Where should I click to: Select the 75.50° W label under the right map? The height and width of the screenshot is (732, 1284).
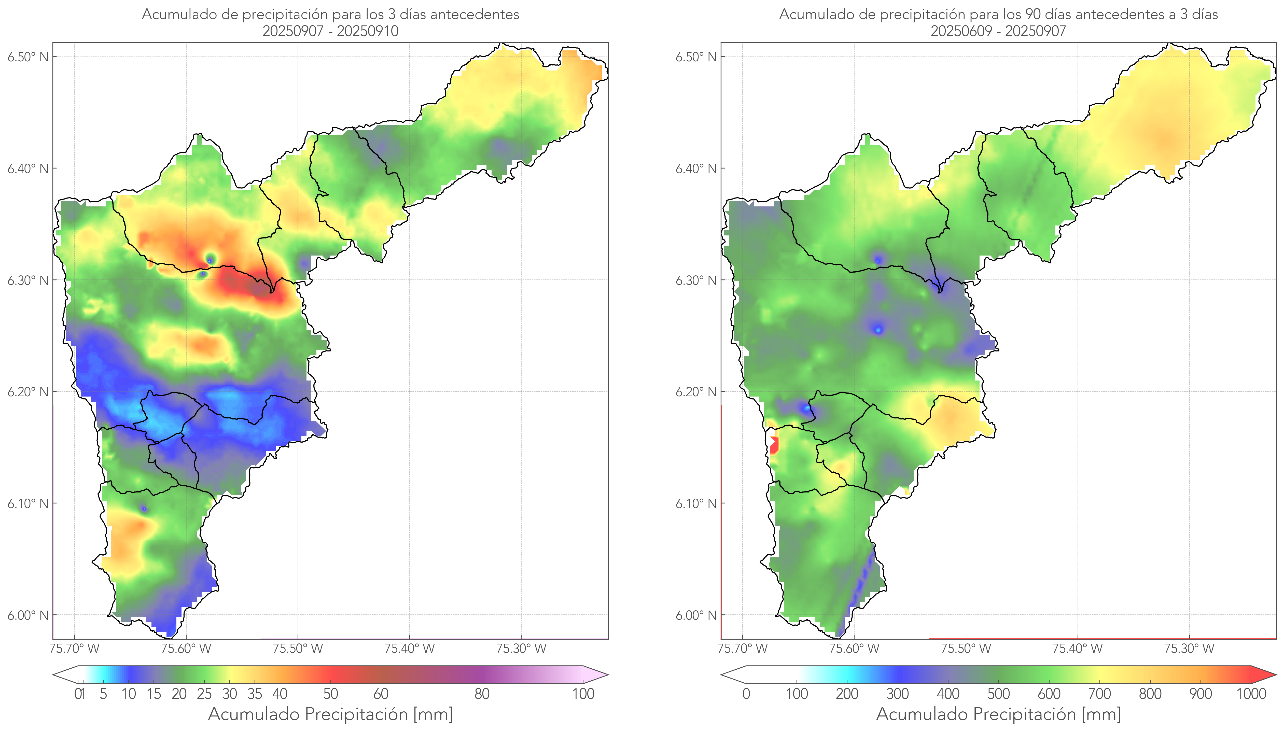pyautogui.click(x=966, y=649)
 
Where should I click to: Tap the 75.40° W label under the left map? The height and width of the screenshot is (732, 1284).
pyautogui.click(x=409, y=649)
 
